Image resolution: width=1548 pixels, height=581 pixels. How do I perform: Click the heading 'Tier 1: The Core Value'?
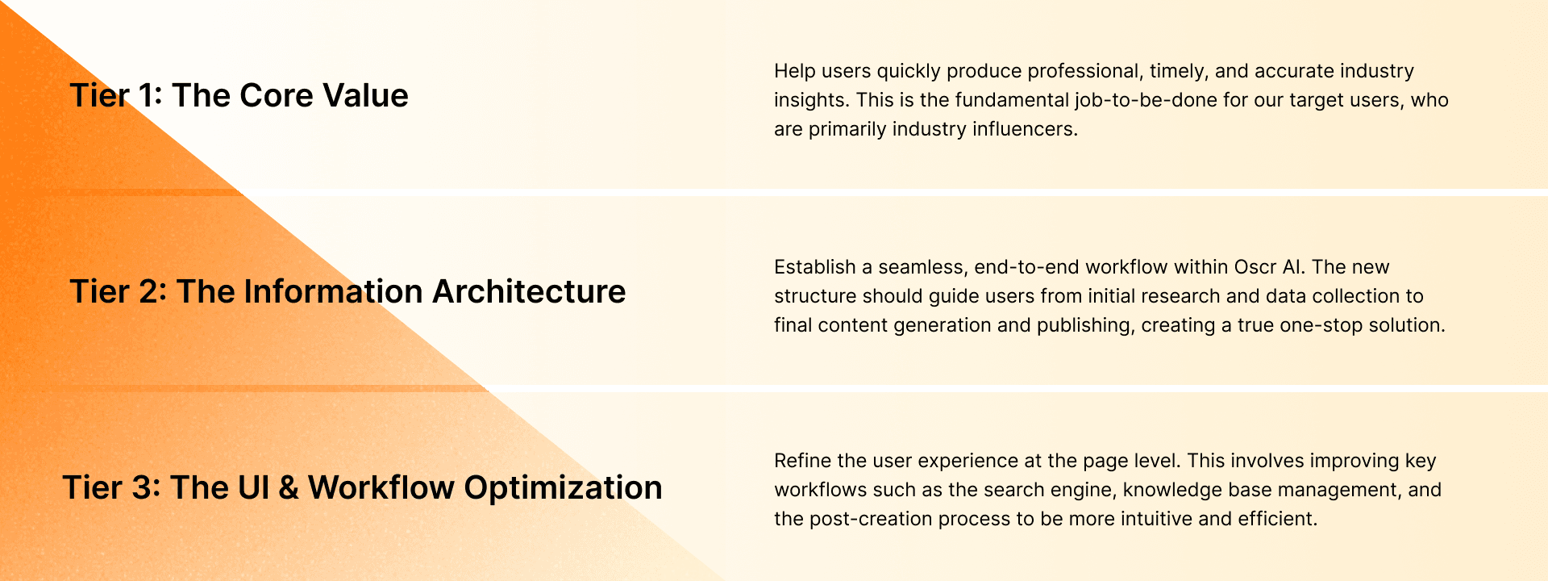tap(239, 95)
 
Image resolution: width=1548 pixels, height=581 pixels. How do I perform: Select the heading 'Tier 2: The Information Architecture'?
tap(347, 291)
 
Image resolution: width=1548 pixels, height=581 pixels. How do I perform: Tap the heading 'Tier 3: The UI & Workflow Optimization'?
tap(362, 487)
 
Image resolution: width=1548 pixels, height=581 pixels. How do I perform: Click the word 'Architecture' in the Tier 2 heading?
tap(529, 291)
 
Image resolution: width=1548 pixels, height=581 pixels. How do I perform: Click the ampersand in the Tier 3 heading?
tap(288, 488)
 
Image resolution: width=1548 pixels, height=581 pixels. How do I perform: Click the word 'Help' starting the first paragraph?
tap(795, 71)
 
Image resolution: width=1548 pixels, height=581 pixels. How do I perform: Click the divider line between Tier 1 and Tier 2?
tap(887, 193)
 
